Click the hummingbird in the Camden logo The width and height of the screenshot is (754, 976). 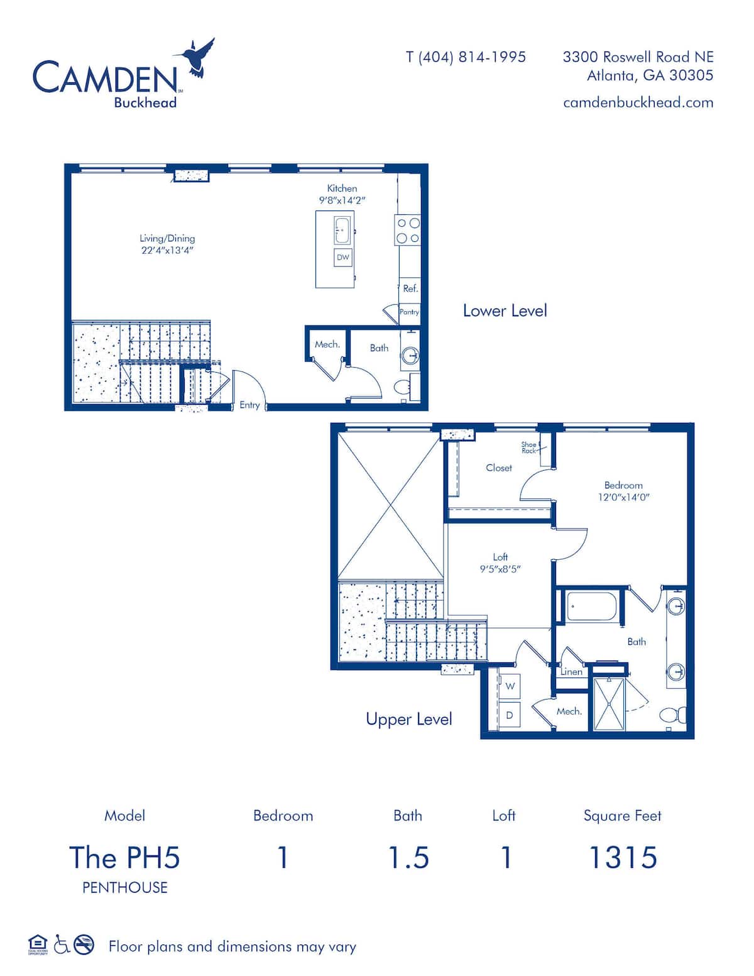(197, 57)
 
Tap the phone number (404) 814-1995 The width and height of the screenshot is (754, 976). (472, 57)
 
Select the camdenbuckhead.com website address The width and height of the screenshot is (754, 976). (638, 102)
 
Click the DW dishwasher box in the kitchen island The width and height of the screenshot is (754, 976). (343, 258)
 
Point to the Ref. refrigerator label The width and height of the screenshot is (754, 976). (410, 288)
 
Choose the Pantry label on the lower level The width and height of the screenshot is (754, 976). (409, 312)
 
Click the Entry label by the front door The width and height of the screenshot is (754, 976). (249, 405)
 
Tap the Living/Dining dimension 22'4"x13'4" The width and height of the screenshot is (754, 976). (167, 251)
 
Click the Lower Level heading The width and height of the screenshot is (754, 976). (505, 311)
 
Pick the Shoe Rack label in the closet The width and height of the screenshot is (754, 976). (529, 447)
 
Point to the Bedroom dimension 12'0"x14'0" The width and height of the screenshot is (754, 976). (624, 497)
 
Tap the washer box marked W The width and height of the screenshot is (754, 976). (510, 686)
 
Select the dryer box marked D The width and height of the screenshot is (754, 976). (510, 715)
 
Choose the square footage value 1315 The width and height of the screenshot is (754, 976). (623, 857)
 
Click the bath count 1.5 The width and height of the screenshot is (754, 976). (408, 857)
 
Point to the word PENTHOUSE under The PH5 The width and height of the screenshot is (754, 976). (125, 887)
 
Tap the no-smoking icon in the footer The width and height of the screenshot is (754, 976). (84, 945)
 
